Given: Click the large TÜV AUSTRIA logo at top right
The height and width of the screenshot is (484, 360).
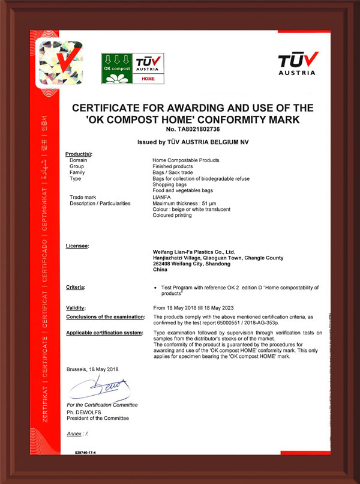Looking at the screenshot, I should click(x=296, y=62).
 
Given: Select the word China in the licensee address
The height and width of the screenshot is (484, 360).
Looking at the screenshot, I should click(x=161, y=270).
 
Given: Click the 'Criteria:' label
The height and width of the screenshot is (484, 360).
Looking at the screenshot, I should click(x=76, y=288).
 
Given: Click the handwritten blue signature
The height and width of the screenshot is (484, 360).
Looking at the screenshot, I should click(x=98, y=389).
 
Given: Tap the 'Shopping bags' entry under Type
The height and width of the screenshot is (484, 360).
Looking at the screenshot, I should click(x=170, y=184).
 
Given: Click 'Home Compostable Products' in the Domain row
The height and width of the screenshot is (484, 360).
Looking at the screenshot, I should click(x=186, y=160).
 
